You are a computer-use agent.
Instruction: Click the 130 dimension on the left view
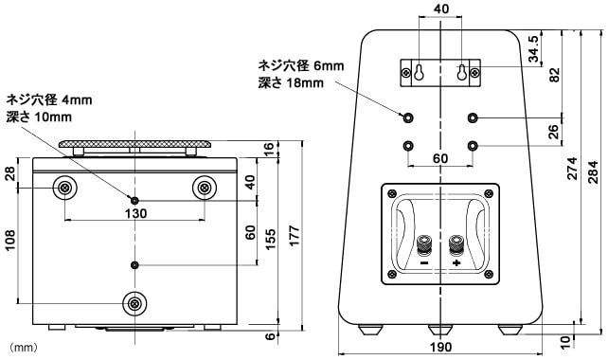click(x=136, y=214)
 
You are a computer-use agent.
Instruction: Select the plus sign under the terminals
click(x=456, y=262)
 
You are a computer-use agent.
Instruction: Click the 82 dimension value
click(x=555, y=76)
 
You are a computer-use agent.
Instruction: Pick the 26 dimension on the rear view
click(x=555, y=131)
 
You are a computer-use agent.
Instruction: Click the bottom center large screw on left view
click(x=136, y=303)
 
